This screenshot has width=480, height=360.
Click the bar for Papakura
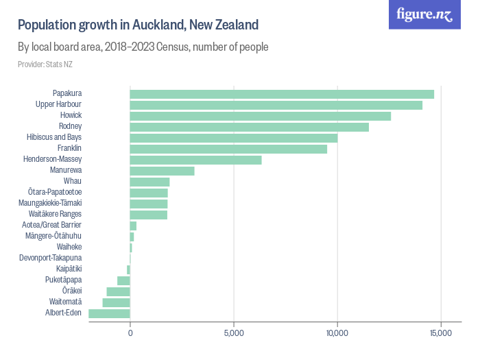(282, 94)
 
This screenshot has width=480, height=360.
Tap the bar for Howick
(260, 116)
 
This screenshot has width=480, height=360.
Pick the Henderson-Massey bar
(195, 160)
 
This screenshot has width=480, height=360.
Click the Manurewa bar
(162, 171)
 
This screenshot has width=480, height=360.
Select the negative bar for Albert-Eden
(109, 313)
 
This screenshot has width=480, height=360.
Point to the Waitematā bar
(116, 302)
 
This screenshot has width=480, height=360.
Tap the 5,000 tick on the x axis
(234, 333)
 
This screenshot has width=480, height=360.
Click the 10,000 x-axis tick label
(337, 333)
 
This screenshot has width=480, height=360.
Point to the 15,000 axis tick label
(440, 333)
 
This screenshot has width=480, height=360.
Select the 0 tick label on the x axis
(130, 333)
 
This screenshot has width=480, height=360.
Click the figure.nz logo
(424, 14)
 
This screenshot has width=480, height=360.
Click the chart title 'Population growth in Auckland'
(138, 25)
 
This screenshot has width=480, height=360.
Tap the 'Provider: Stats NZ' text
(45, 64)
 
